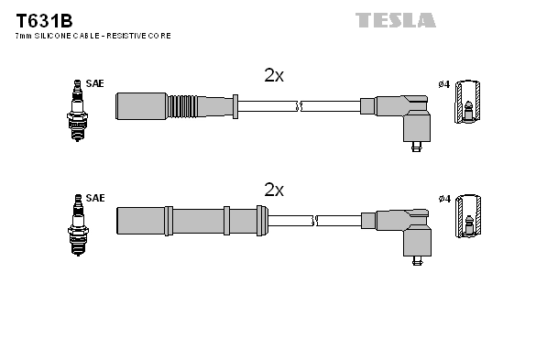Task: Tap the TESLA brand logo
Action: [x=396, y=19]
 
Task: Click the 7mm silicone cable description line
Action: [x=93, y=36]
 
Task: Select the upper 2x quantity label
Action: [x=274, y=76]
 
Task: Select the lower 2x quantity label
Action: [x=274, y=190]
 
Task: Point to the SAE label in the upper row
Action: [x=95, y=84]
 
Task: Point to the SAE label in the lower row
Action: [x=95, y=198]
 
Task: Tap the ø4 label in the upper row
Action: [x=443, y=84]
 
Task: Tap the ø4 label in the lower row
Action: [x=443, y=198]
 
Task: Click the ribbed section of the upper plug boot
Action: [x=182, y=105]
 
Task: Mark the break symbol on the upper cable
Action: [x=300, y=106]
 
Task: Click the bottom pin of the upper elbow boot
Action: [x=417, y=148]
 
